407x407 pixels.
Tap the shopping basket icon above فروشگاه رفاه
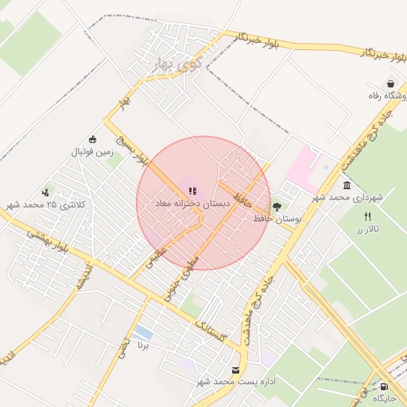click(390, 83)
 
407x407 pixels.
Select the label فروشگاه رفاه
click(379, 96)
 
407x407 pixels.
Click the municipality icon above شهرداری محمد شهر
click(347, 185)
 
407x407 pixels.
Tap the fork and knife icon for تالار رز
click(367, 216)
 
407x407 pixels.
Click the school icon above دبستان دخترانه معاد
click(192, 191)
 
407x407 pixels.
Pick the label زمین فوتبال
click(93, 151)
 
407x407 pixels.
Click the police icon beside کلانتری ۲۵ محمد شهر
click(46, 192)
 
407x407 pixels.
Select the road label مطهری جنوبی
click(184, 275)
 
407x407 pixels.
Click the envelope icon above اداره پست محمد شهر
click(236, 370)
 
